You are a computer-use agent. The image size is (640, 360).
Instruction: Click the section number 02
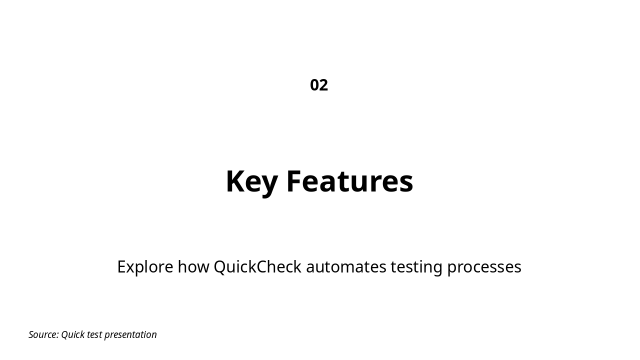(x=319, y=85)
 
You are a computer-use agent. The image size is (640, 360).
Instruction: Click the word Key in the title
(x=251, y=181)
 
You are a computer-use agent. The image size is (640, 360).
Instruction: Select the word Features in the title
(x=349, y=181)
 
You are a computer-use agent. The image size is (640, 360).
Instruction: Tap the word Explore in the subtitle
(x=145, y=267)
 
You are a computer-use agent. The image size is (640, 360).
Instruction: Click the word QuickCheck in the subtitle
(x=257, y=267)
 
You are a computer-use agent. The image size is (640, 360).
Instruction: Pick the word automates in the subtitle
(x=346, y=267)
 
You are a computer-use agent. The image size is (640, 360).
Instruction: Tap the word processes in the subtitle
(x=484, y=267)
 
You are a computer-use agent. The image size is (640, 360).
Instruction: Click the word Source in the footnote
(x=43, y=334)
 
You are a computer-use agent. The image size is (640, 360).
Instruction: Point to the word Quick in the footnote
(x=72, y=334)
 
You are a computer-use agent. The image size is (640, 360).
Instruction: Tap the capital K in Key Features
(x=235, y=181)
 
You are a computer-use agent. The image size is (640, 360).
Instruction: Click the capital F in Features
(x=294, y=181)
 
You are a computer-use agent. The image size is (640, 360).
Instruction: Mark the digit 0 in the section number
(x=314, y=85)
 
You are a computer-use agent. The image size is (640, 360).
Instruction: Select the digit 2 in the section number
(x=323, y=85)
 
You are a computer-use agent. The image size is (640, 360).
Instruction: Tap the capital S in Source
(x=31, y=334)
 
